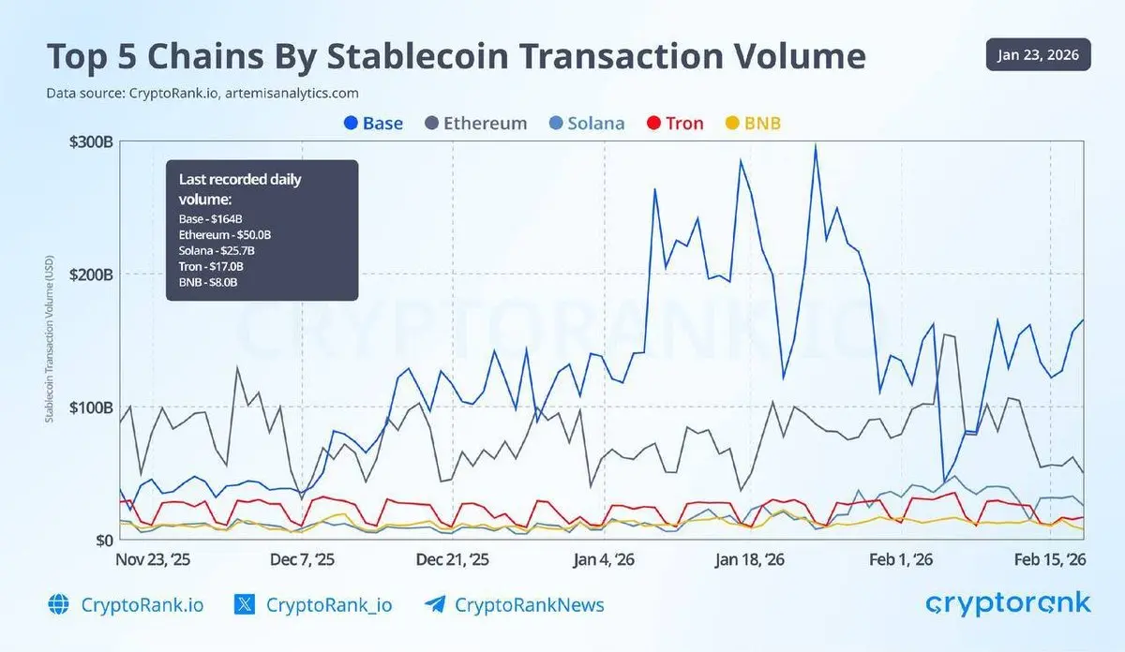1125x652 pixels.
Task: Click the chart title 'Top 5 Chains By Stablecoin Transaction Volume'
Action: click(x=456, y=56)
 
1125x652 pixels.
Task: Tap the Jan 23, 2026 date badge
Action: click(x=1038, y=55)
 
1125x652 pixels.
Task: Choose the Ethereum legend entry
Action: click(x=475, y=123)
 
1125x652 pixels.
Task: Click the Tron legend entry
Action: click(x=675, y=123)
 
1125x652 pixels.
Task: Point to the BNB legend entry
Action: click(x=754, y=123)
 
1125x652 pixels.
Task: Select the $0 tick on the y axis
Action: click(x=103, y=541)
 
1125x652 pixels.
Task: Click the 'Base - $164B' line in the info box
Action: click(x=211, y=219)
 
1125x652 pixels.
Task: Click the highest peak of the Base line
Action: click(x=816, y=145)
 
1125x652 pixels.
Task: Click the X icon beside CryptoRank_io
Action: click(x=245, y=605)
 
